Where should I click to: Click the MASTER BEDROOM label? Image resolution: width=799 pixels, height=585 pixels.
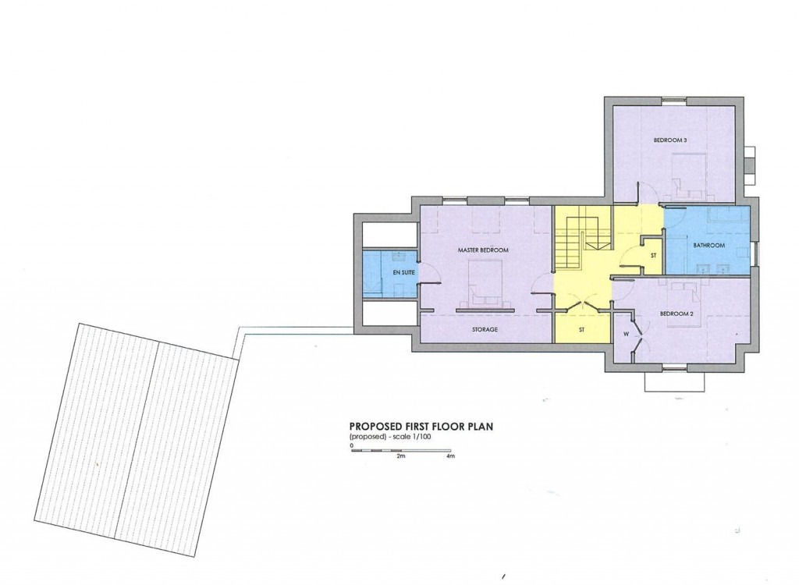tap(483, 250)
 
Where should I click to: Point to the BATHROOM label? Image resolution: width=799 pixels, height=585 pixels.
tap(709, 246)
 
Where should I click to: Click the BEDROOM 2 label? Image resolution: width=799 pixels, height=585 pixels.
tap(676, 314)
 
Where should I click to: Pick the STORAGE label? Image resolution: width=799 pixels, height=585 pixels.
tap(484, 329)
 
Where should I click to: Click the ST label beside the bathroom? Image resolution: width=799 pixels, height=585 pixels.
tap(652, 254)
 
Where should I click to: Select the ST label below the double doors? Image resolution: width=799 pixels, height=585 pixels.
tap(581, 329)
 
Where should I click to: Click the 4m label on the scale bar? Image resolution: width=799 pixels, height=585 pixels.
tap(450, 457)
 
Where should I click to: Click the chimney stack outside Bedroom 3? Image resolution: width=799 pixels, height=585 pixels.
tap(750, 161)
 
